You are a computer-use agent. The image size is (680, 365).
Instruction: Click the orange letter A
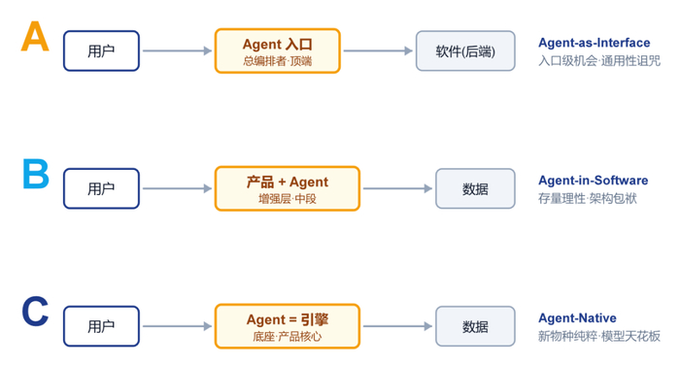pos(35,37)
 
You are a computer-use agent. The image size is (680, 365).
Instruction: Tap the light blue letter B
pos(36,174)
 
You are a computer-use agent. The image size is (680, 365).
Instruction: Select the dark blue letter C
pos(35,312)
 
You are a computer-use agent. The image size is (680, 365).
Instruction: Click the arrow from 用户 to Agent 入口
pos(178,50)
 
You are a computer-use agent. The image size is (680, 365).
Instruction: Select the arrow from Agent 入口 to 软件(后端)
pos(378,50)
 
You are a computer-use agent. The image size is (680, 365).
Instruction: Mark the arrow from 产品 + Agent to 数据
pos(397,188)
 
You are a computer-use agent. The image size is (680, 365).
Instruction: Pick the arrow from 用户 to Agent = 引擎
pos(178,326)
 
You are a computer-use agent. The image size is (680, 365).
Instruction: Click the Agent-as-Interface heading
pos(595,43)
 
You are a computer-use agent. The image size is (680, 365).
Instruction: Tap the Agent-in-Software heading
pos(594,181)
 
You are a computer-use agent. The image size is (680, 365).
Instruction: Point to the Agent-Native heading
pos(577,318)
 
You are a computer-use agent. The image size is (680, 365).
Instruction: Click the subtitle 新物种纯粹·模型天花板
pos(599,336)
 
